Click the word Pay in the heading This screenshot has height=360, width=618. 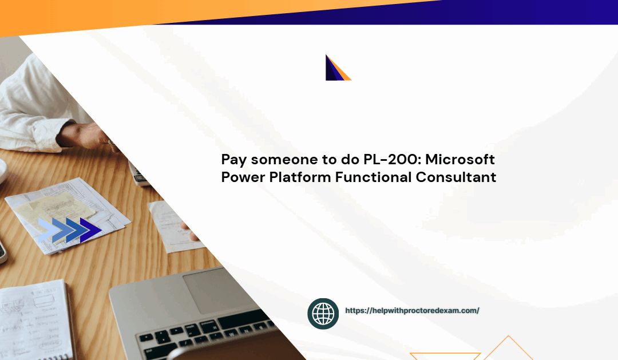(234, 160)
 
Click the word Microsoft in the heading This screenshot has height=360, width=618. (460, 159)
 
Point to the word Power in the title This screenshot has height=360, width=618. (243, 177)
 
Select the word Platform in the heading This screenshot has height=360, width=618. (300, 177)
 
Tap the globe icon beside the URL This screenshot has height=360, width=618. (323, 314)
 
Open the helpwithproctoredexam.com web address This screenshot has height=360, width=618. (412, 311)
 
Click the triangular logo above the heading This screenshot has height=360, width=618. (338, 68)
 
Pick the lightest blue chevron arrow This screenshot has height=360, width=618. (47, 230)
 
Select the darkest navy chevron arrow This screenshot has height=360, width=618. (90, 230)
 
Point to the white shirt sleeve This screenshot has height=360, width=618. (35, 106)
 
